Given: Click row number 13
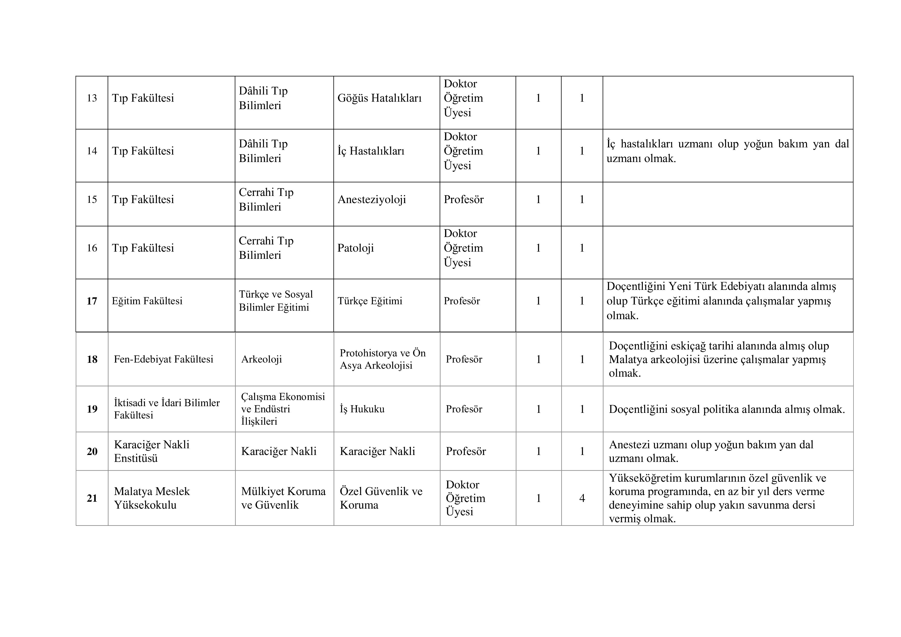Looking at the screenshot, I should coord(92,98).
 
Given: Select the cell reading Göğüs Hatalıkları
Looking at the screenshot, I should coord(379,98).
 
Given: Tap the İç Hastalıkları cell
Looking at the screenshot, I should coord(371,151).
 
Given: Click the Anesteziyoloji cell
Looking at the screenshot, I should coord(372,200).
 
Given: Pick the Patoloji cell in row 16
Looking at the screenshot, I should coord(355,248).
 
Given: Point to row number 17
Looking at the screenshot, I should coord(92,301).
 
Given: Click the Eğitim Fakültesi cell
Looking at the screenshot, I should coord(147,301).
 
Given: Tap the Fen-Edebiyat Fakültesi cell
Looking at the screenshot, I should coord(164,359).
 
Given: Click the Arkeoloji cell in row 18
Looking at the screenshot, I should coord(262,359).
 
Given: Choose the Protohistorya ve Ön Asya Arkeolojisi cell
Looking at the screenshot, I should coord(383,359).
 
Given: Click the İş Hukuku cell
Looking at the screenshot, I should coord(362,409).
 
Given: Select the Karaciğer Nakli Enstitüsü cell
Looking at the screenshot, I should coord(152,451).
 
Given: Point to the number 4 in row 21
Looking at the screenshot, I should coord(582,498).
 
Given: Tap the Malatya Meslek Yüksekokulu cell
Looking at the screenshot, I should coord(152,498).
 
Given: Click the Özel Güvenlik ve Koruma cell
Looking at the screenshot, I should coord(381,498).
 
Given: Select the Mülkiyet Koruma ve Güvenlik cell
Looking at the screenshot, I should coord(283,498).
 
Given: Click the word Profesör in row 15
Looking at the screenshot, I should coord(463,200).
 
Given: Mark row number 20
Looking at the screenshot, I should coord(92,451).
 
